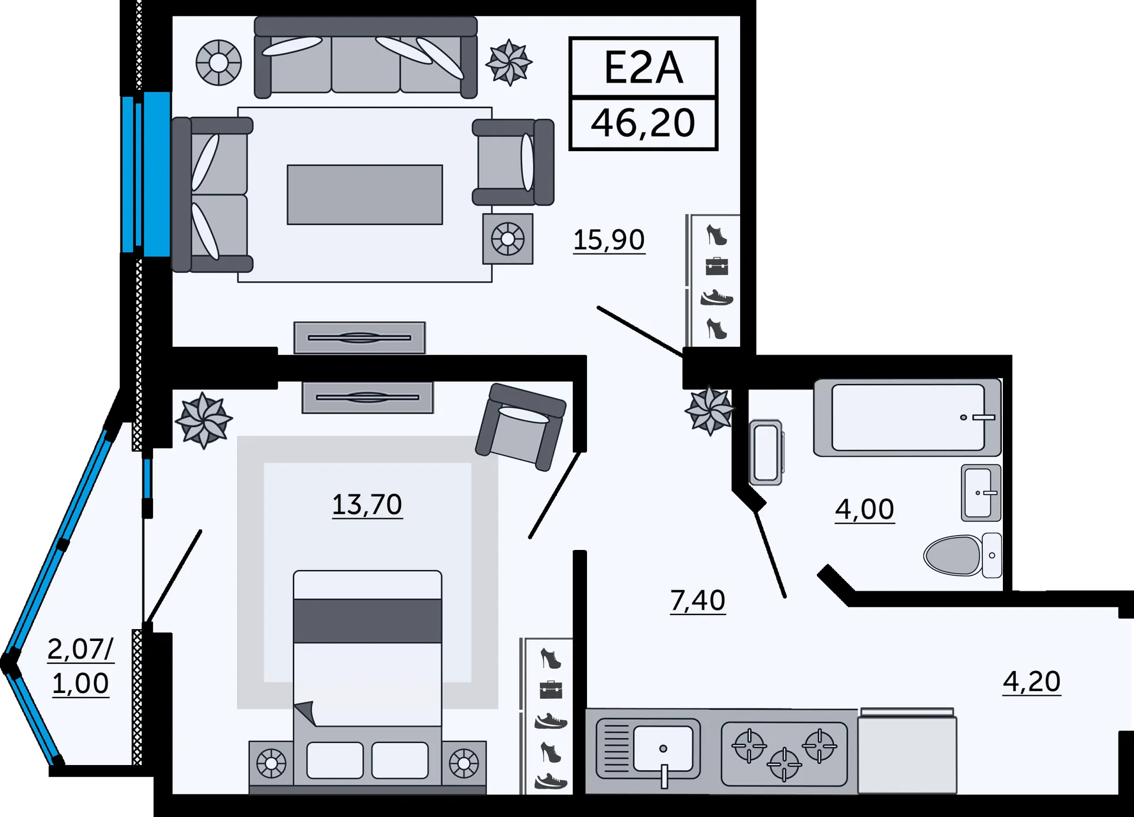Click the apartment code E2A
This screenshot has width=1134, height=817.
tap(643, 67)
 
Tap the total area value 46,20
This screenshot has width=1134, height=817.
tap(643, 123)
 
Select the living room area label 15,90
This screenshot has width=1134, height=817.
tap(609, 240)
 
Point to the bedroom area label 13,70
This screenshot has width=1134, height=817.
tap(367, 505)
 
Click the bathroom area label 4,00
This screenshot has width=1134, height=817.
tap(864, 509)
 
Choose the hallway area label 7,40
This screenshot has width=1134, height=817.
tap(698, 601)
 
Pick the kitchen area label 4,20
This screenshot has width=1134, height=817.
tap(1031, 682)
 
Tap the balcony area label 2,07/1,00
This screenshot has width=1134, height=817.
tap(80, 666)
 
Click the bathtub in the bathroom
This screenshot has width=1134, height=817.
tap(907, 418)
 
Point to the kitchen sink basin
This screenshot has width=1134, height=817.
tap(663, 748)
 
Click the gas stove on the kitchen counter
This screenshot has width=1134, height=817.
tap(784, 754)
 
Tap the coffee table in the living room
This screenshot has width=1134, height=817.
tap(364, 194)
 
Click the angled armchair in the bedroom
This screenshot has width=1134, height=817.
tap(521, 425)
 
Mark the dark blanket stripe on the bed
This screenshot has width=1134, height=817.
tap(367, 620)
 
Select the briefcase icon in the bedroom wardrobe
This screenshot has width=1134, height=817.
tap(550, 689)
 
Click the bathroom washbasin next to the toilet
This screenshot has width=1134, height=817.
tap(980, 493)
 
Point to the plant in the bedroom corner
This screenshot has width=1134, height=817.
tap(203, 420)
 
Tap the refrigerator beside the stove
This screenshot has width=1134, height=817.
tap(907, 753)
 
